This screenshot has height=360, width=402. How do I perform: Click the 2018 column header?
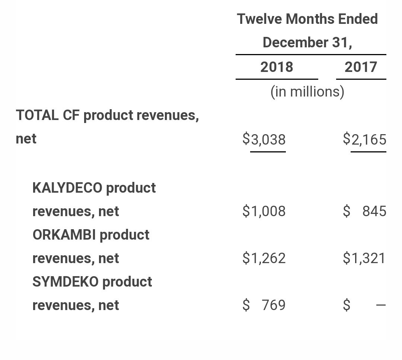pos(277,67)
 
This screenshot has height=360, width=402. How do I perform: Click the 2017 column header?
pos(361,67)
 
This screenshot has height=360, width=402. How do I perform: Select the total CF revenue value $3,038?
pos(264,139)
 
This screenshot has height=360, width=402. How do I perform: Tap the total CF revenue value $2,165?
pos(364,139)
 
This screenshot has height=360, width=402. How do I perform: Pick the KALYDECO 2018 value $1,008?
pos(264,211)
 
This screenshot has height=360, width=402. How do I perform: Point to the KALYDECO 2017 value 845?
pos(374,211)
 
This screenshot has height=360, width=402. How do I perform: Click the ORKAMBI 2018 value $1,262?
pos(264,258)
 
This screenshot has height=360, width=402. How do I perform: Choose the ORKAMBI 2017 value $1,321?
pos(364,258)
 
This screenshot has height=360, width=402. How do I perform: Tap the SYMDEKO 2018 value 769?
pos(273,305)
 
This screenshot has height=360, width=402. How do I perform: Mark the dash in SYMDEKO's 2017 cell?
pos(381,305)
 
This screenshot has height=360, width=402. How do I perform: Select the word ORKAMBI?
pos(64,235)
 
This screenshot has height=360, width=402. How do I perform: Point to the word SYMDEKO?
pos(65,282)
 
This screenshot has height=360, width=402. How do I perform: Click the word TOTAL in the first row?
pos(37,116)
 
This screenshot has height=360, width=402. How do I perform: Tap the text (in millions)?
pos(307,92)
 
